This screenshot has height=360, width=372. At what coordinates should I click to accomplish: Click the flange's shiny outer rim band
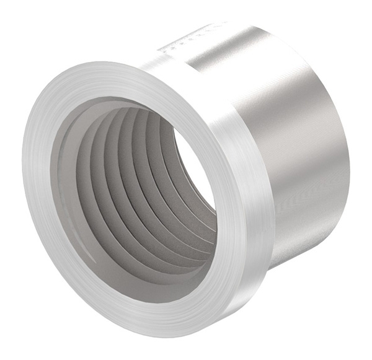tap(248, 155)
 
